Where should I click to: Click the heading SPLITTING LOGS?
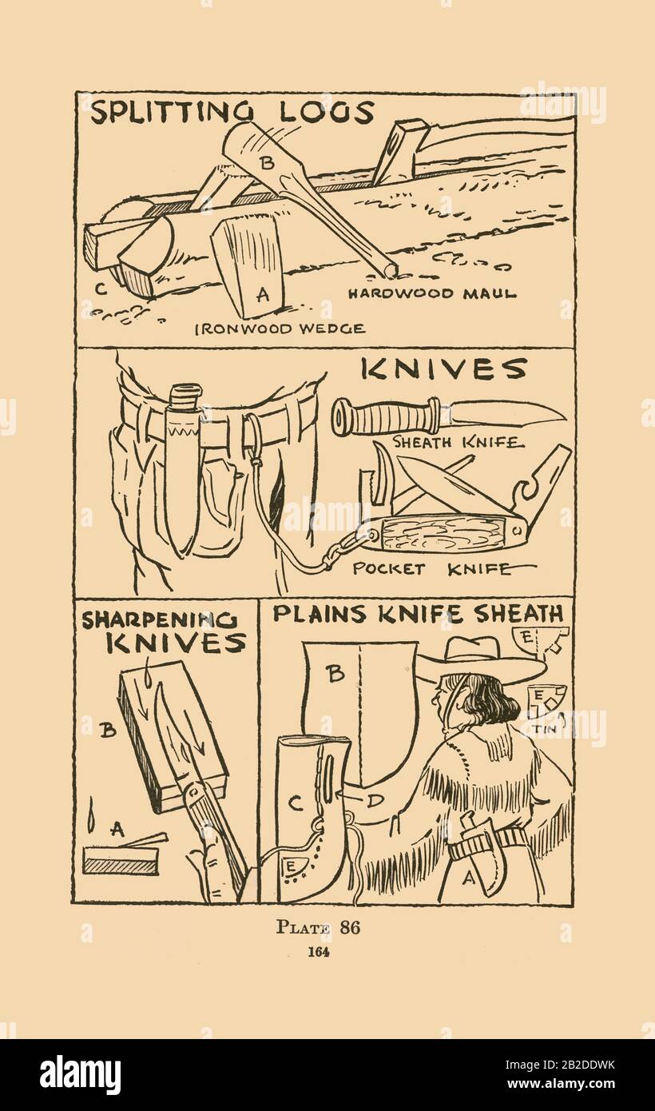[x=232, y=113]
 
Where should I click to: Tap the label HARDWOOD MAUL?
[x=432, y=293]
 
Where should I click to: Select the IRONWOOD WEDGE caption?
[x=280, y=329]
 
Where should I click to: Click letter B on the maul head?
[x=268, y=163]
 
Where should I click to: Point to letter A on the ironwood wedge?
[x=263, y=295]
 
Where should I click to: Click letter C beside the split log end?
[x=101, y=289]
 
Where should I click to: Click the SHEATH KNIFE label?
[x=458, y=441]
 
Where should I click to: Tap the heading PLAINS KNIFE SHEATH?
[x=418, y=615]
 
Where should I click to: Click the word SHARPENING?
[x=159, y=620]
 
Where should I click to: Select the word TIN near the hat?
[x=545, y=729]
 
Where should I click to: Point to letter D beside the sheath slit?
[x=376, y=800]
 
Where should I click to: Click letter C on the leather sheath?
[x=296, y=802]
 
